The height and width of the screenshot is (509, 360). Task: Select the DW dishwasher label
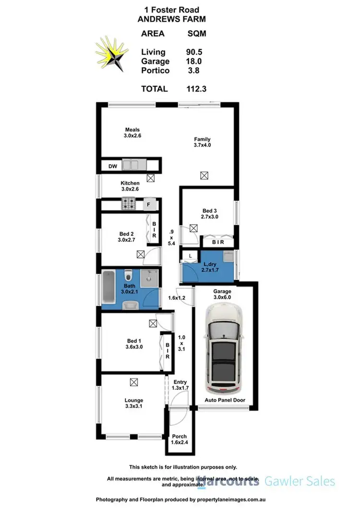coord(112,166)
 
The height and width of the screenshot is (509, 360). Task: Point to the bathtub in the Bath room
coord(108,288)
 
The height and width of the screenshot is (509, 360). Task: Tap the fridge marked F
coord(149,205)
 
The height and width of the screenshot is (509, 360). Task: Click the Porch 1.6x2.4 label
coord(179,439)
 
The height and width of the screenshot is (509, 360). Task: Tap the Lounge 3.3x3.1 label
coord(133,403)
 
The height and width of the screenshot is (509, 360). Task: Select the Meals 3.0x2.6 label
coord(133,133)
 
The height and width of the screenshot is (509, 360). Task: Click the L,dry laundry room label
coord(209,268)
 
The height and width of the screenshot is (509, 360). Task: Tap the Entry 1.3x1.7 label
coord(180,385)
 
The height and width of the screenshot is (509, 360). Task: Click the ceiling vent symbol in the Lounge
coord(133,382)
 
